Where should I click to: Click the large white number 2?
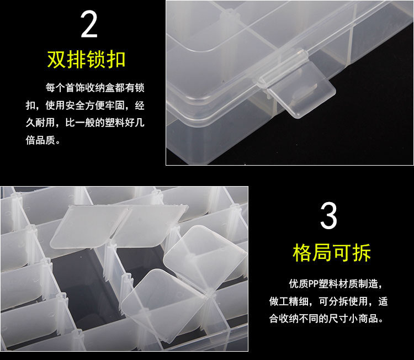pos(89,24)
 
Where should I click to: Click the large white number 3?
pos(329,216)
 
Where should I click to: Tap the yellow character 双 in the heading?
pos(57,60)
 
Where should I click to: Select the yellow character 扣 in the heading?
pos(116,60)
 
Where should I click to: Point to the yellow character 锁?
pos(97,60)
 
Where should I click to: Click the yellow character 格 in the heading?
pos(302,253)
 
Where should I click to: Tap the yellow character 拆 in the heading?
pos(362,253)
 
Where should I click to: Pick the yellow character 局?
pos(322,253)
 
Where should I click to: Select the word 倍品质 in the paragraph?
pos(41,140)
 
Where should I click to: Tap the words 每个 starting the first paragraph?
pos(55,88)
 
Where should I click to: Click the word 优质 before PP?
pos(299,284)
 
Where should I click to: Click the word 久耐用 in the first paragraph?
pos(41,123)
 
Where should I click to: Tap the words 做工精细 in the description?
pos(289,301)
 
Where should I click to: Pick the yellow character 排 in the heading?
pos(77,60)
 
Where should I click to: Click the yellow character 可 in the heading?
pos(342,253)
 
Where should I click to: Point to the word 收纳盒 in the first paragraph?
pos(100,88)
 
